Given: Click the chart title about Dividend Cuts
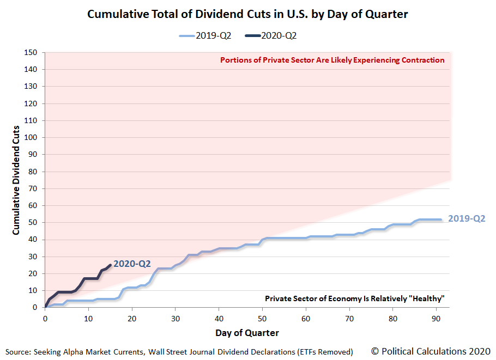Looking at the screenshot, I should pyautogui.click(x=247, y=14).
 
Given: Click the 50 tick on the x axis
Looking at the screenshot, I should pyautogui.click(x=262, y=319).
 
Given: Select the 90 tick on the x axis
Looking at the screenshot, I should pyautogui.click(x=436, y=319).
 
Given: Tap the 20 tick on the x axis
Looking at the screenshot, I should pyautogui.click(x=132, y=319).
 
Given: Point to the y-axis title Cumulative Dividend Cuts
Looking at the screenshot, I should pyautogui.click(x=16, y=180).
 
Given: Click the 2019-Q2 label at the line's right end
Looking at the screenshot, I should pyautogui.click(x=466, y=219).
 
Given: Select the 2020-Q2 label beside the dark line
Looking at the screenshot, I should pyautogui.click(x=132, y=264).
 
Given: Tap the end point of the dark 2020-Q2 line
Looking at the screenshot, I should pyautogui.click(x=111, y=265).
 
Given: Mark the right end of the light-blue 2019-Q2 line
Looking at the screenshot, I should pyautogui.click(x=440, y=219).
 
